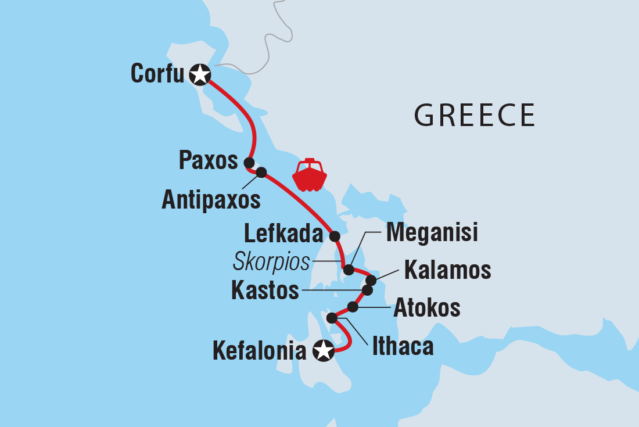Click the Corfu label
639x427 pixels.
point(157,74)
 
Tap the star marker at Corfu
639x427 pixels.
point(200,74)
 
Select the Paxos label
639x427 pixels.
point(209,161)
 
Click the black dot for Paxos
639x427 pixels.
point(249,162)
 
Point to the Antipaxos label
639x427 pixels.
point(211,200)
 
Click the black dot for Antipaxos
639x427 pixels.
point(261,172)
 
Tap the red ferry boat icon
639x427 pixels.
point(310,175)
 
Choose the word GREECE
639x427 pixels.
point(474,115)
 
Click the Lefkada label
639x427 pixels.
point(283,234)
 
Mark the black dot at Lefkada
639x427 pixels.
point(335,236)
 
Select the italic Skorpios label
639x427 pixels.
point(271,262)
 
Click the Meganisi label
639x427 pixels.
point(432,233)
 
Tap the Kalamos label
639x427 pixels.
point(447,270)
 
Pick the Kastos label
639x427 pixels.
point(265,290)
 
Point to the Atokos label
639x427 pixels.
point(427,308)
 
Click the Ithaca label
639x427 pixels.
point(403,347)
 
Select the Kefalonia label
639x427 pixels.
point(259,351)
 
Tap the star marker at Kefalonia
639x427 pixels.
point(324,350)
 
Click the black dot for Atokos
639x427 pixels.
point(353,307)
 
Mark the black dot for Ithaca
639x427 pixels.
point(332,318)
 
